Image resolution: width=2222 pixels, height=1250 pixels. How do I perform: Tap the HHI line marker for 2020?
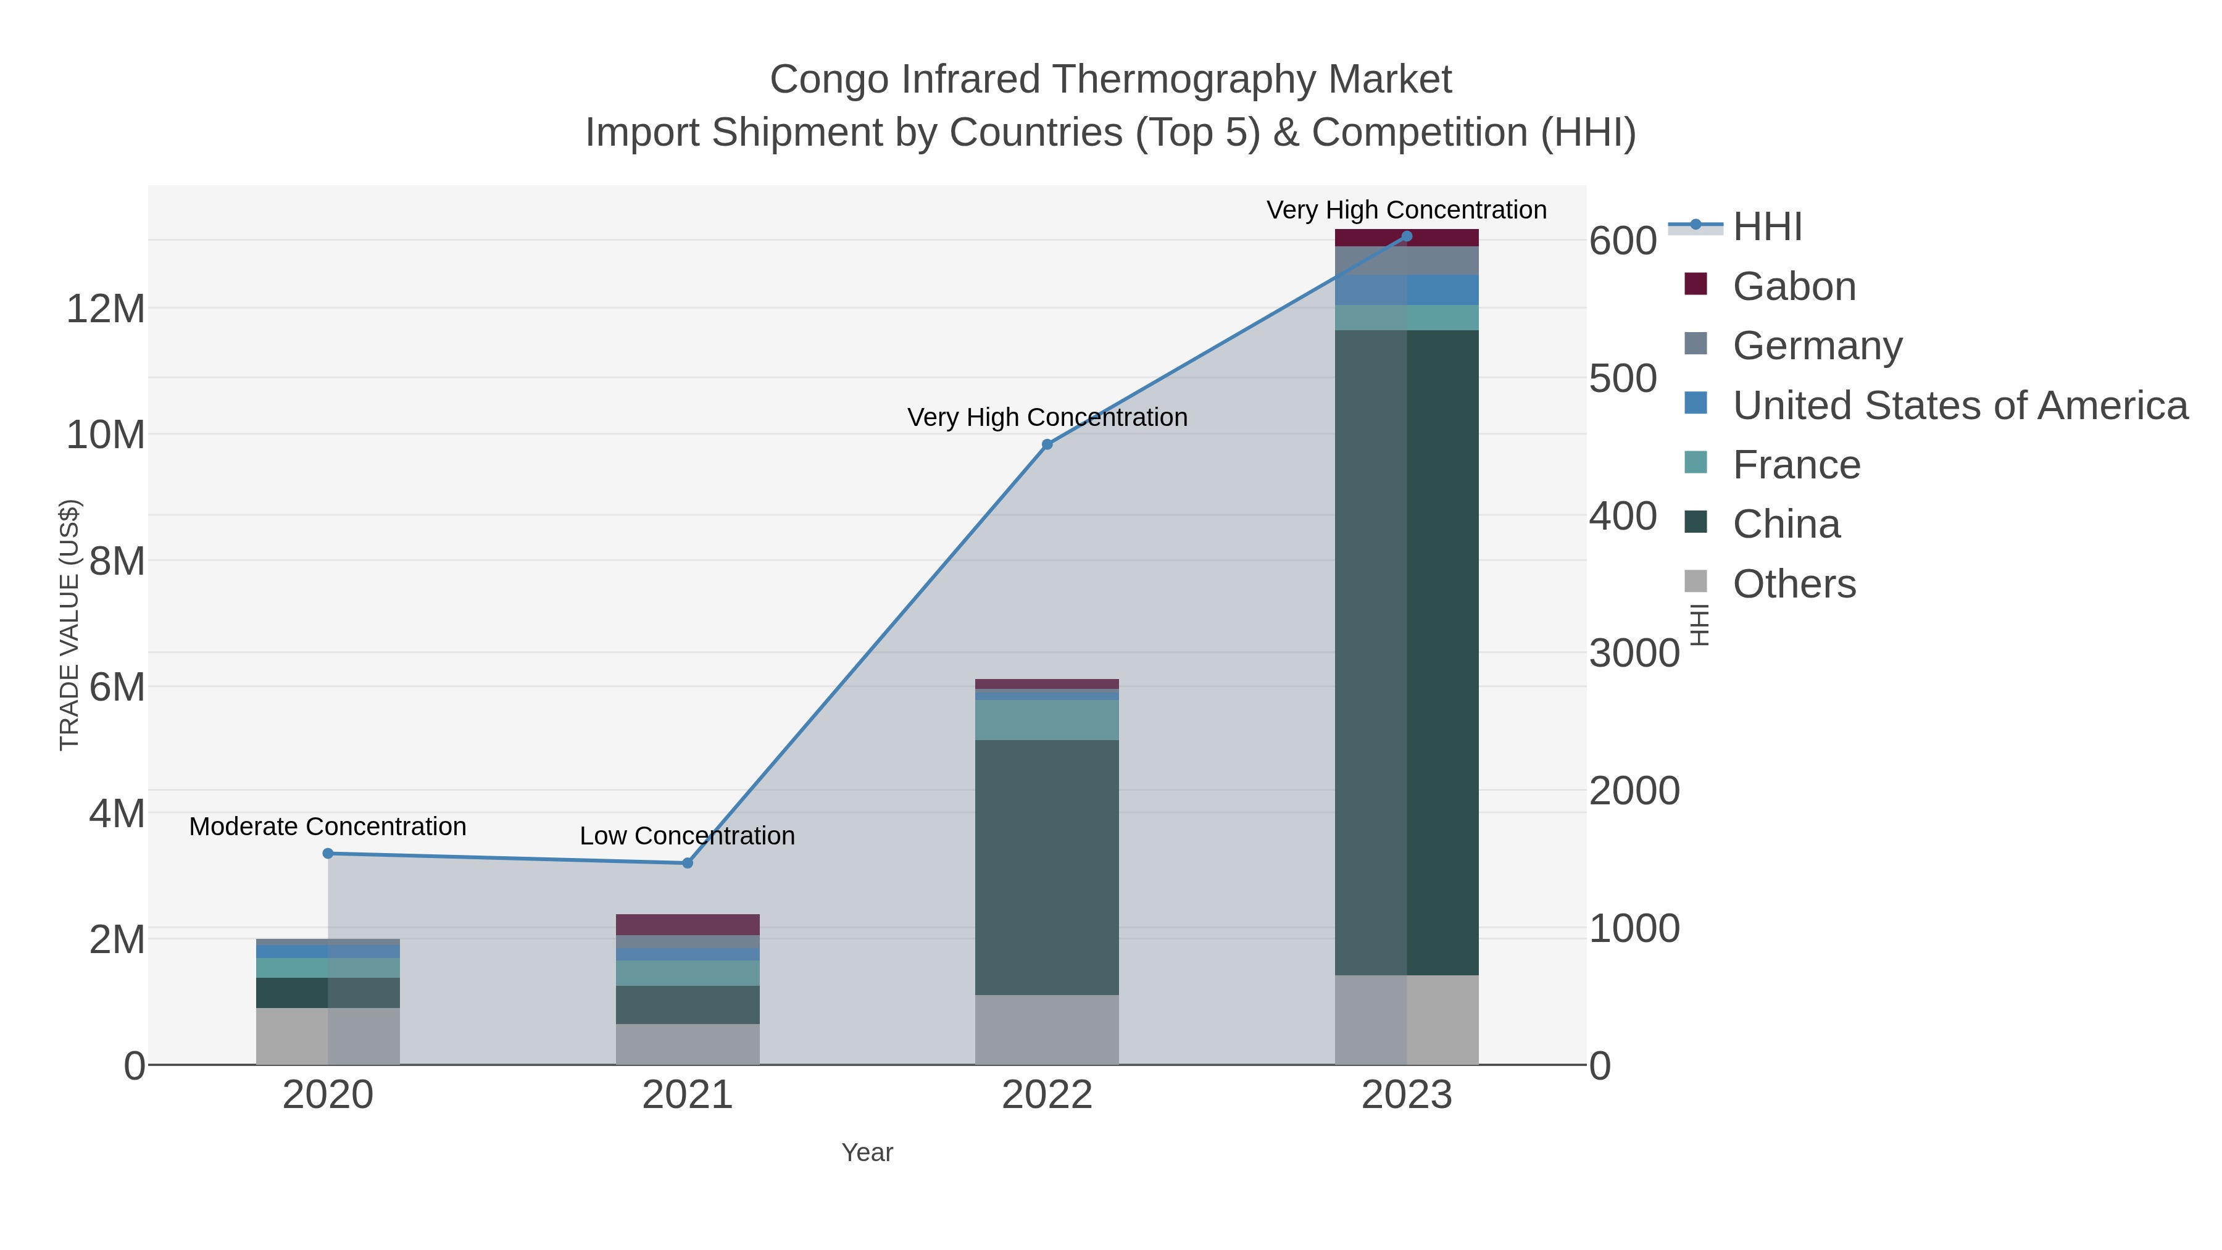click(x=328, y=853)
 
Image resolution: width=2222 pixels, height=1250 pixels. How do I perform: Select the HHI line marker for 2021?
click(x=688, y=863)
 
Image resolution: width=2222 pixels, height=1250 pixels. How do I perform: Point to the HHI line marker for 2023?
click(x=1407, y=236)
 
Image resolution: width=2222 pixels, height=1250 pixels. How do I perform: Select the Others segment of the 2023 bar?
click(x=1407, y=1020)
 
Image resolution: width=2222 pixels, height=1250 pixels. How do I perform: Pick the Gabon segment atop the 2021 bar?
click(x=688, y=924)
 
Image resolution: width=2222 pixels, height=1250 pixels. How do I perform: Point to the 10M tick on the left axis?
click(x=105, y=435)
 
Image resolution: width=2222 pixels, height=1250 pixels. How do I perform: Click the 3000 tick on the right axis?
click(x=1634, y=653)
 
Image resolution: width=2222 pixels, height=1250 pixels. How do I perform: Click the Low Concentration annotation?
click(x=688, y=836)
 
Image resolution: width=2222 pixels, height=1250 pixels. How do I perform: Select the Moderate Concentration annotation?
click(x=328, y=827)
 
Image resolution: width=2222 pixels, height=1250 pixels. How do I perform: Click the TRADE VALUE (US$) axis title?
click(x=69, y=625)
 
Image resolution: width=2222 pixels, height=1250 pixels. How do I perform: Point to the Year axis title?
click(x=867, y=1152)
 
